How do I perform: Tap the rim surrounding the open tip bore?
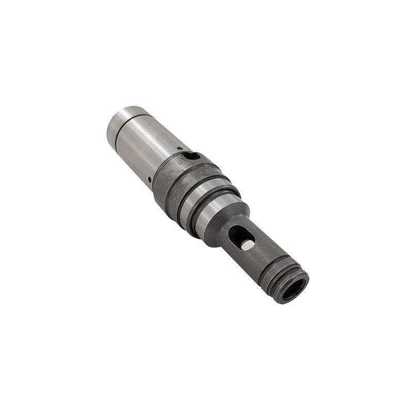tap(302, 279)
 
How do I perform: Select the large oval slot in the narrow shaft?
tap(241, 237)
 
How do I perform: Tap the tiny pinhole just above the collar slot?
tap(179, 149)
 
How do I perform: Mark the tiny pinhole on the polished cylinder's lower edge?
tap(150, 180)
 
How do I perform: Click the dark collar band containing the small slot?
tap(170, 176)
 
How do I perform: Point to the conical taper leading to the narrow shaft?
tap(227, 219)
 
